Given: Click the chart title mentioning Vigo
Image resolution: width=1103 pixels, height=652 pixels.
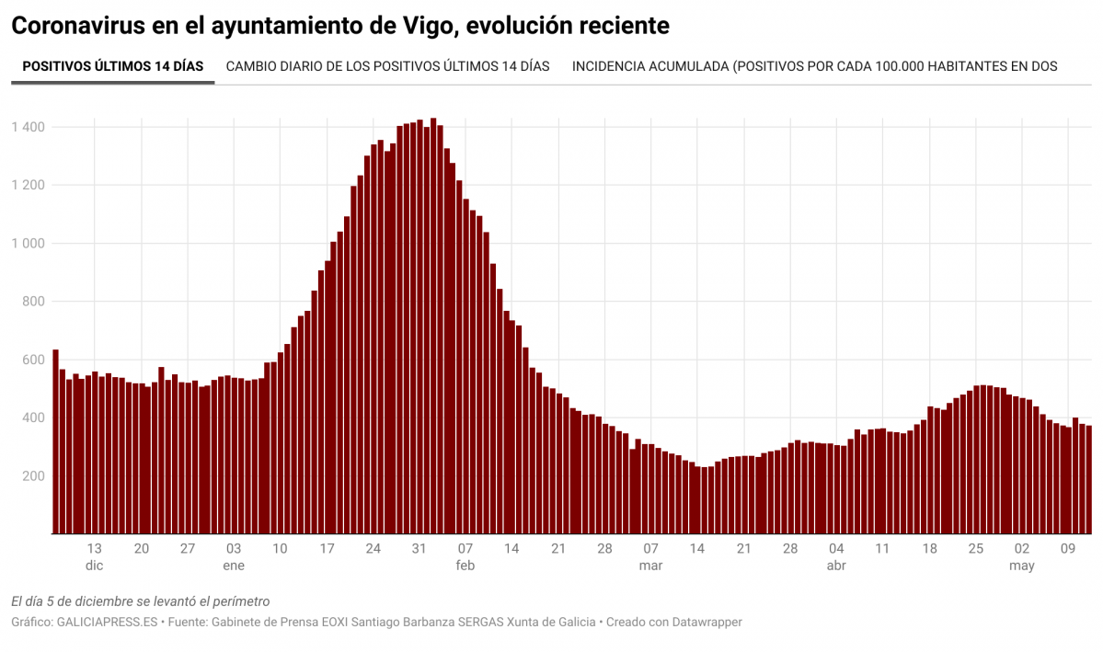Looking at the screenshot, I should point(339,26).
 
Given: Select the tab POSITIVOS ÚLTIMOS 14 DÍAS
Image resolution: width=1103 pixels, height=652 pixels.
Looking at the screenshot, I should point(112,66).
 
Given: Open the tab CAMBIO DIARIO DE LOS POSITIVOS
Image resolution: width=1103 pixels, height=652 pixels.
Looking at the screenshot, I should point(387,66).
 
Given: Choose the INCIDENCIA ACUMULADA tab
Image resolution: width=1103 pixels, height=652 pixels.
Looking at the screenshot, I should point(814,66).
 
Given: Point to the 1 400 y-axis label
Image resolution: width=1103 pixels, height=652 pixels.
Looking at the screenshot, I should point(29,127).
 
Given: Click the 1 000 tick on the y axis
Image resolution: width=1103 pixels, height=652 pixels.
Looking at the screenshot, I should point(29,243).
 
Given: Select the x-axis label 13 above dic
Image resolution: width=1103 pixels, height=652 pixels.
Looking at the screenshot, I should point(95,549).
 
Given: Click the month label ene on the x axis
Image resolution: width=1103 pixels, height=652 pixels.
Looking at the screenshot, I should point(234,566).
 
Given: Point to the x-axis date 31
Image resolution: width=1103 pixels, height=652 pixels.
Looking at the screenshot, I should point(419,549).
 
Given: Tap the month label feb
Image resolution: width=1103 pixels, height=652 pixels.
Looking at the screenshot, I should point(465,566).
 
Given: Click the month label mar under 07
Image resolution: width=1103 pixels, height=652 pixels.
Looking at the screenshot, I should point(650,566).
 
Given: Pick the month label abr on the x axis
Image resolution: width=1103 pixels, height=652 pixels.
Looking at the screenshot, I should point(836,566).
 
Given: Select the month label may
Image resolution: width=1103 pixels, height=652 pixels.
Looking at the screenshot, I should point(1022,566).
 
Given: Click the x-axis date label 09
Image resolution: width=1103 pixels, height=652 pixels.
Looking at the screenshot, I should point(1068,549).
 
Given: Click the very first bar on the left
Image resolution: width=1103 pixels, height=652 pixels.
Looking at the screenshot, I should point(55,441).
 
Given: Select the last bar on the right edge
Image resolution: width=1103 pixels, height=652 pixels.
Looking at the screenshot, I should point(1089,479).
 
